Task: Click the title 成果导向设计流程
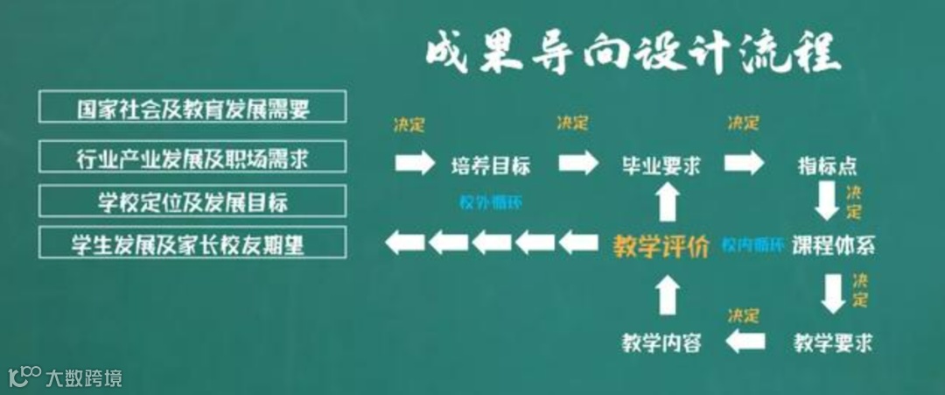[633, 54]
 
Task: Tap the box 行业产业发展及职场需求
[192, 156]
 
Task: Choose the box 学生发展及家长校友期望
[192, 243]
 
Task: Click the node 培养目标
[490, 165]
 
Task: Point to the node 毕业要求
[661, 165]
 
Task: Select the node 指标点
[827, 165]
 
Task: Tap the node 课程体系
[833, 244]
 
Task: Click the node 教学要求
[833, 341]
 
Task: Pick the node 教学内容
[661, 341]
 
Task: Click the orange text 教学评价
[661, 246]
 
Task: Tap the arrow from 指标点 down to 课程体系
[827, 201]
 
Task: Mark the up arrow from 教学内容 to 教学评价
[667, 294]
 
